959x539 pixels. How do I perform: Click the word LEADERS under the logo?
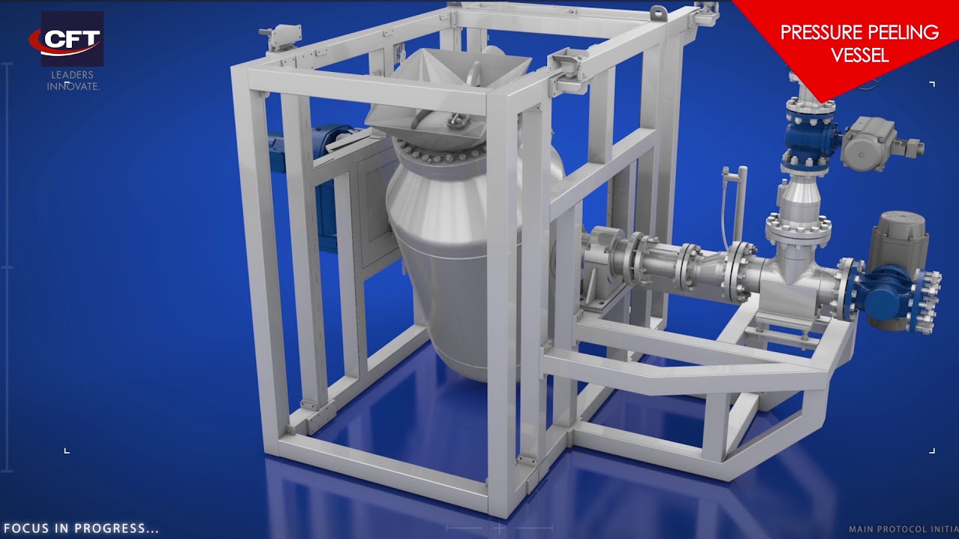click(73, 75)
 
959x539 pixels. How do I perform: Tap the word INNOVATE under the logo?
click(73, 86)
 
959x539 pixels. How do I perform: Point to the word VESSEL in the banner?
click(859, 55)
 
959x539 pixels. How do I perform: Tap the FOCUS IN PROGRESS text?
click(81, 528)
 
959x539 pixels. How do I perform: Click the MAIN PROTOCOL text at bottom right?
click(904, 529)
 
